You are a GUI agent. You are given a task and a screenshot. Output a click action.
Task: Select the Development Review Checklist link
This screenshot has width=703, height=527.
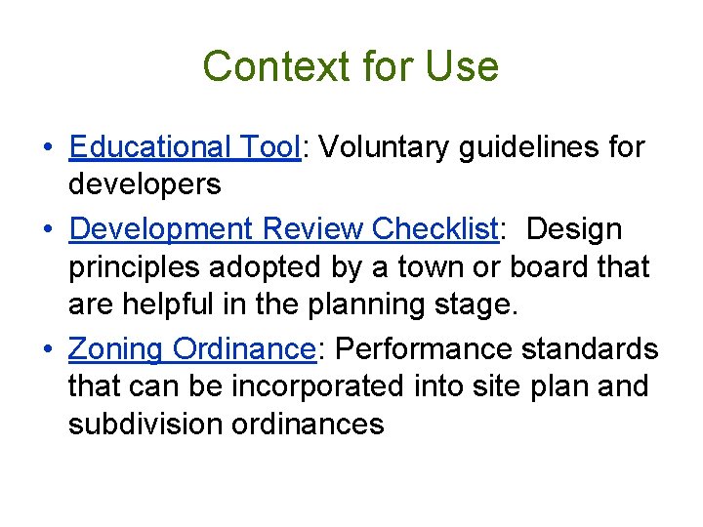284,228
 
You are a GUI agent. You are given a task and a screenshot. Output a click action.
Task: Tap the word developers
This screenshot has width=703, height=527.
145,183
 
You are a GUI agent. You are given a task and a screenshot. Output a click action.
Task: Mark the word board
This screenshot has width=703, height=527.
558,266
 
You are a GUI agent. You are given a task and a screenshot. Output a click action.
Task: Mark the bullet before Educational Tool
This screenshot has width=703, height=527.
48,148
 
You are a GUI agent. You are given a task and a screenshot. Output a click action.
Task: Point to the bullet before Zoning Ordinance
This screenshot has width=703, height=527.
48,349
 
